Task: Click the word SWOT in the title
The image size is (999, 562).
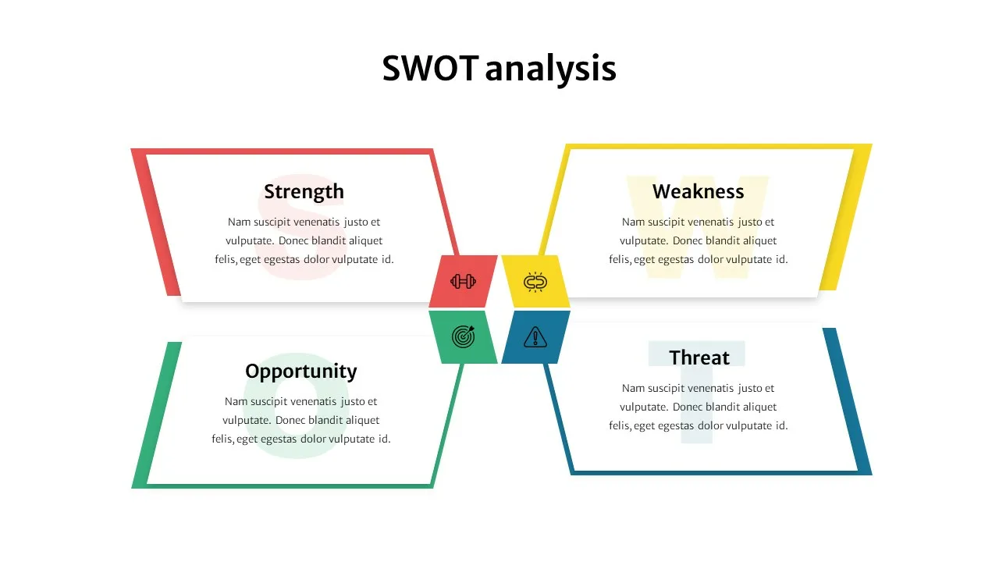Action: click(x=429, y=69)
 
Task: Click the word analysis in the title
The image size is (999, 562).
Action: click(x=550, y=69)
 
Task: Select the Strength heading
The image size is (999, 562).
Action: click(x=304, y=191)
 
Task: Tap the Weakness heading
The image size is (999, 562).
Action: click(x=698, y=191)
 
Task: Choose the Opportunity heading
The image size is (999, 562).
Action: click(x=300, y=371)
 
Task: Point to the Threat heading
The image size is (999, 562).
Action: click(x=699, y=357)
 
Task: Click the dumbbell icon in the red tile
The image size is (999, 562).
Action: click(x=463, y=282)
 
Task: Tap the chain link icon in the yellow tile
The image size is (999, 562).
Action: click(x=535, y=282)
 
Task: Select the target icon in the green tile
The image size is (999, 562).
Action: click(x=463, y=336)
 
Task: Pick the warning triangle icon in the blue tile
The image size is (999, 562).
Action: click(x=535, y=336)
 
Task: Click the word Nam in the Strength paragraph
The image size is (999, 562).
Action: click(x=239, y=222)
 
